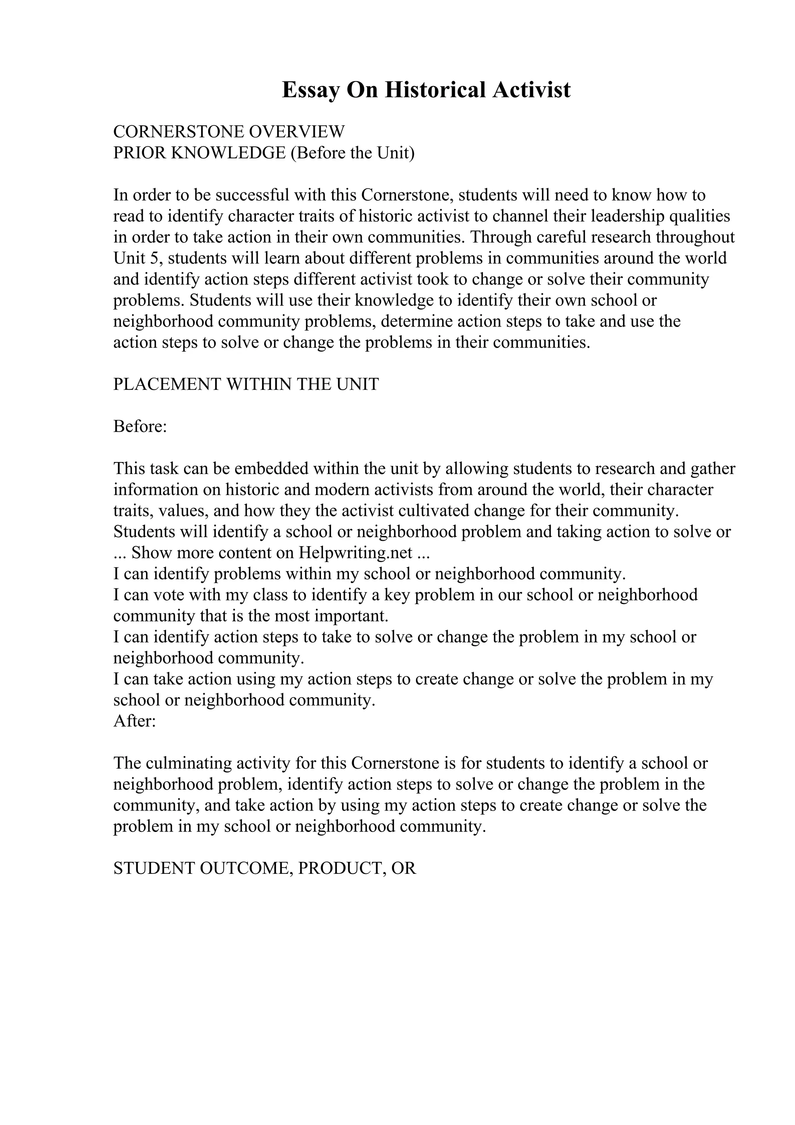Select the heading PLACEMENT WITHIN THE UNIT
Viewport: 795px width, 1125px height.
coord(246,384)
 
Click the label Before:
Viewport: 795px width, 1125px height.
coord(140,426)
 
